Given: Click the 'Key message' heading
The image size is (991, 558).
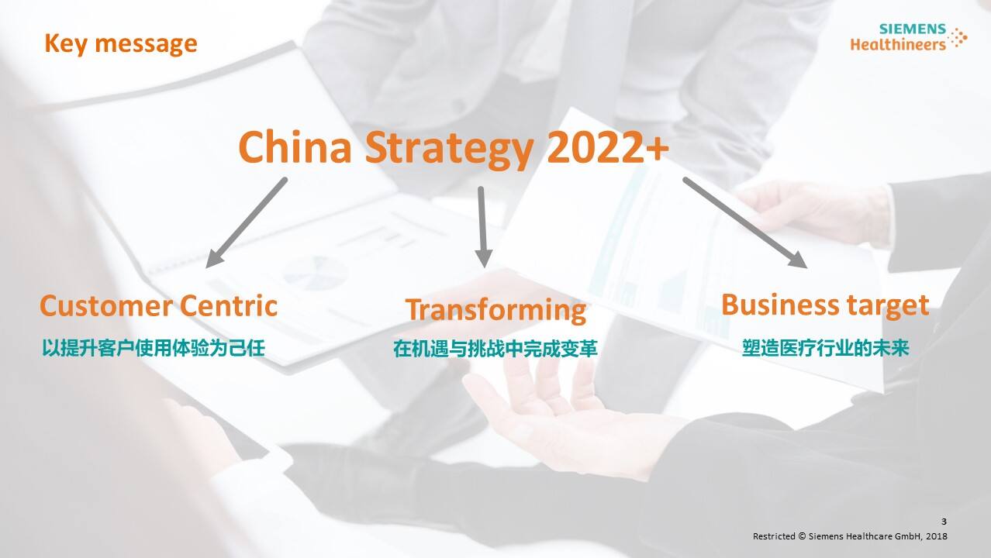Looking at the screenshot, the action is coord(121,44).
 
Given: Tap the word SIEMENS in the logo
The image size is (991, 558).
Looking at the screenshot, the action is coord(912,29).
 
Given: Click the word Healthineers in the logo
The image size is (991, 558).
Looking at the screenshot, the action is coord(898,44).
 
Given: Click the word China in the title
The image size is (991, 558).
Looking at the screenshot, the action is coord(295,147).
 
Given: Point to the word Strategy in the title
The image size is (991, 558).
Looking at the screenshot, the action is coord(450,150).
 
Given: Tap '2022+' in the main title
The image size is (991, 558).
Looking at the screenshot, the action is coord(608,147).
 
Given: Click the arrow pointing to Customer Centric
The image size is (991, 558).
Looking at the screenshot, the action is coord(247,223).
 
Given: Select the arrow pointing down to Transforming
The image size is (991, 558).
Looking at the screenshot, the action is coord(482,227).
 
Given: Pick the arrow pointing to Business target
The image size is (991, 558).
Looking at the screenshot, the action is coord(745,223).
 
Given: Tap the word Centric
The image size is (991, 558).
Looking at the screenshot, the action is coord(229,305).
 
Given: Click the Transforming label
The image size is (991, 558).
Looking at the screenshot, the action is coord(496,310).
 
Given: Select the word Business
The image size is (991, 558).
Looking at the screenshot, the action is coord(780,305).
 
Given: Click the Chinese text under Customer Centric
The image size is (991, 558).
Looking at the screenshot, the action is coord(154,348).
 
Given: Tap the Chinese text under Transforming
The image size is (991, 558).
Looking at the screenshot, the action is coord(495,349).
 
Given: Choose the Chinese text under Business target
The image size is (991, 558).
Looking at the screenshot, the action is coord(826,348).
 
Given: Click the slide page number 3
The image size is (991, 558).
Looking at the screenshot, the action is coord(944,522).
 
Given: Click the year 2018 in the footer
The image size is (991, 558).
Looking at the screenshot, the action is coord(937,536).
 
